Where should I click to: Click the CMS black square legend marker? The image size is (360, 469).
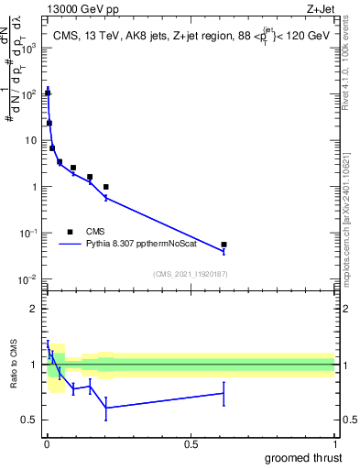[x=71, y=232]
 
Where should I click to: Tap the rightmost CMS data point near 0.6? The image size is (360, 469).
[x=224, y=245]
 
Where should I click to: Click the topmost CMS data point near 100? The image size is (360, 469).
[x=48, y=93]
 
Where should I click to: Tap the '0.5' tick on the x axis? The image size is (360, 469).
[x=191, y=444]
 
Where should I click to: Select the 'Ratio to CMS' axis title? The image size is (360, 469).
[x=14, y=366]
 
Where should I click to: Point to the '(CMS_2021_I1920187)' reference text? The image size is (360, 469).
[x=190, y=274]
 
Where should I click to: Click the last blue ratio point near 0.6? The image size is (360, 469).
[x=224, y=393]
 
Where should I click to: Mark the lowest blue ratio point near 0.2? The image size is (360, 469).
[x=106, y=408]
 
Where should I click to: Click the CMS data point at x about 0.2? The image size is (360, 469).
[x=106, y=187]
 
